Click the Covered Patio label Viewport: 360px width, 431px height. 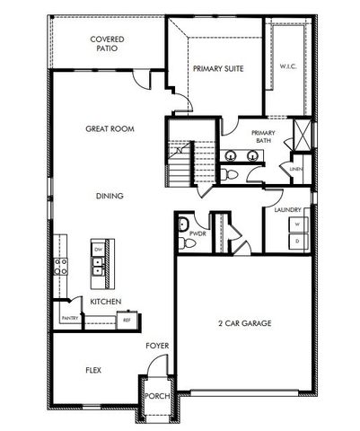coord(107,44)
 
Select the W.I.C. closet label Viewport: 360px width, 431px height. coord(288,66)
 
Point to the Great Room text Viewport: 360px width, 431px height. coord(110,129)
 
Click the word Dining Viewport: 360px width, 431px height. coord(110,196)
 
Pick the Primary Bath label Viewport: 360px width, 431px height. coord(262,136)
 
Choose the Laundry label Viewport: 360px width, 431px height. coord(287,210)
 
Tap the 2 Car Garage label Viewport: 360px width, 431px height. coord(244,323)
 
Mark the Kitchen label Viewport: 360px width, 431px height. coord(106,302)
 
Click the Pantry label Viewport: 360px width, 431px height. coord(70,318)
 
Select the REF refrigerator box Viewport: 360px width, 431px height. coord(127,318)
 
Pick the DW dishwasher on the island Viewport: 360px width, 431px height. coord(98,249)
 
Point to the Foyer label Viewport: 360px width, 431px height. coord(158,346)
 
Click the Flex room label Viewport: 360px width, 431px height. coord(93,370)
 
